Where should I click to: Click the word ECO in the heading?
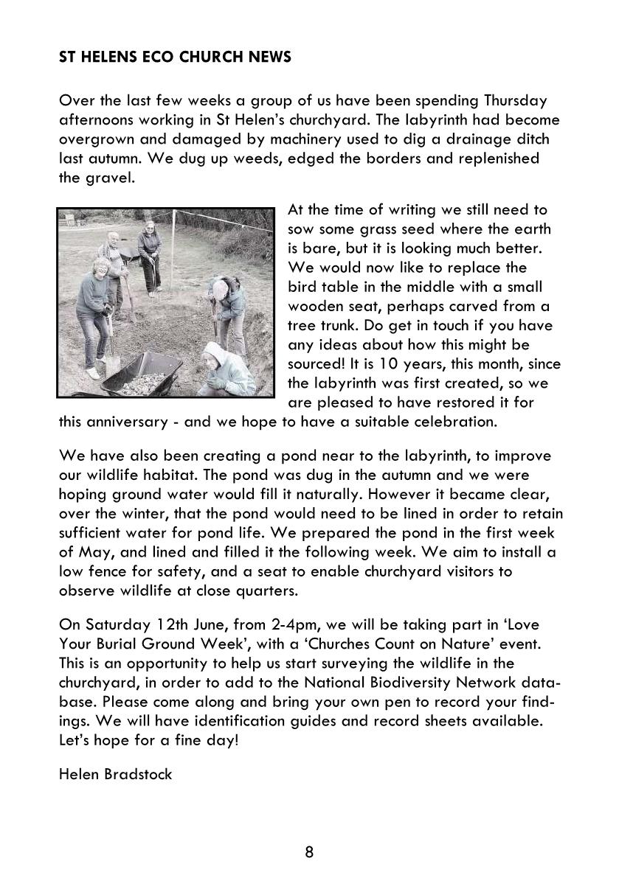point(159,57)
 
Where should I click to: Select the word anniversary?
point(131,422)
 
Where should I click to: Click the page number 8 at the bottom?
point(309,853)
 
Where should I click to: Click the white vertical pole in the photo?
point(173,251)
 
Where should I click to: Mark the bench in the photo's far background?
point(71,220)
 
